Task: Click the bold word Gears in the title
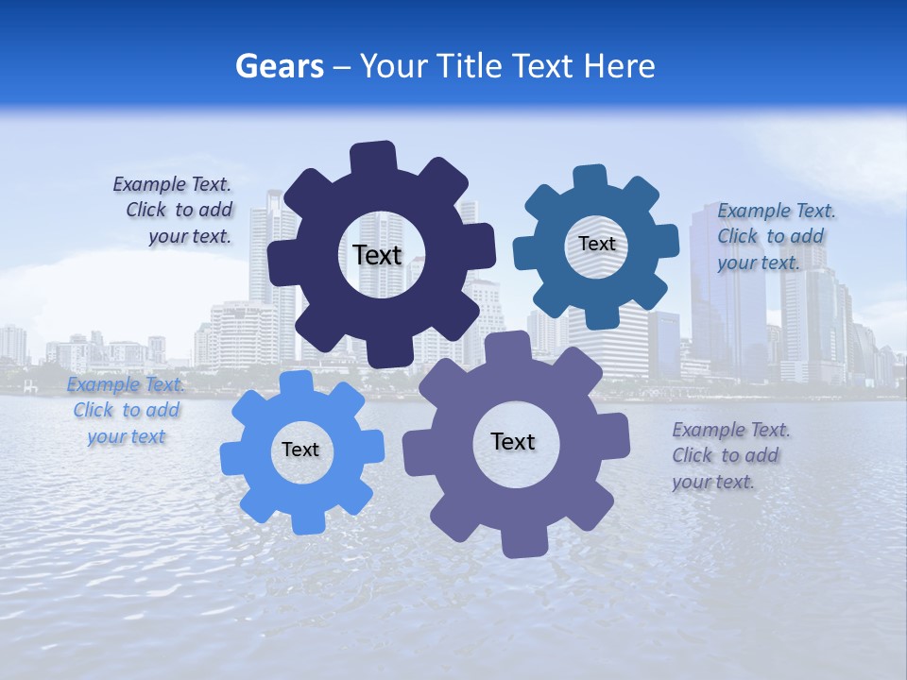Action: (279, 66)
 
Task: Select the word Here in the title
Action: (620, 66)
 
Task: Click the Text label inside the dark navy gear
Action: (377, 255)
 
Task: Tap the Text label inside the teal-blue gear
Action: (596, 244)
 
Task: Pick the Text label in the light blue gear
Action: (300, 450)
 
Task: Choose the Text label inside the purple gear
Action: (513, 441)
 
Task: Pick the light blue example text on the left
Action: (125, 411)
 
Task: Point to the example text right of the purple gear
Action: (728, 455)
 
